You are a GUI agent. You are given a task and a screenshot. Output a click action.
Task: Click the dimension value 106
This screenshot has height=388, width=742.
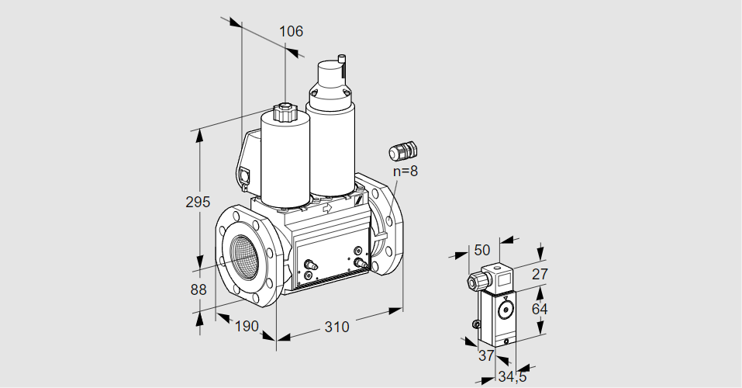pyautogui.click(x=291, y=32)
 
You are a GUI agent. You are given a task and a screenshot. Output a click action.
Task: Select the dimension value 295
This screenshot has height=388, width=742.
pyautogui.click(x=198, y=203)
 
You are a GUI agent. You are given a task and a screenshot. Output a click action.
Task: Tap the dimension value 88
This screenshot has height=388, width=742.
pyautogui.click(x=198, y=289)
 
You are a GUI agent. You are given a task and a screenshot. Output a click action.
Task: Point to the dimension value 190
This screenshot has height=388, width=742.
pyautogui.click(x=246, y=327)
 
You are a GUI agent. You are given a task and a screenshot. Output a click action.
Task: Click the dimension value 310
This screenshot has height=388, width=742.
pyautogui.click(x=336, y=327)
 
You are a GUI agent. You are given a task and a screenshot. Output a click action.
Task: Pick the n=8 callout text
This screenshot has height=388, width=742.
pyautogui.click(x=405, y=171)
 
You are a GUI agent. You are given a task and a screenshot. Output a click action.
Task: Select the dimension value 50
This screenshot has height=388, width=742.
pyautogui.click(x=482, y=250)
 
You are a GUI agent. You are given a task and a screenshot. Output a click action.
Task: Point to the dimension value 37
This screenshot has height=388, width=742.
pyautogui.click(x=486, y=355)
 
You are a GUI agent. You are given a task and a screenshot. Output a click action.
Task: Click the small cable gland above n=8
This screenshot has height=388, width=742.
pyautogui.click(x=403, y=149)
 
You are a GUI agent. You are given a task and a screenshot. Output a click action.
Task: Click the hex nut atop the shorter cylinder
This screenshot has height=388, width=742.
pyautogui.click(x=285, y=112)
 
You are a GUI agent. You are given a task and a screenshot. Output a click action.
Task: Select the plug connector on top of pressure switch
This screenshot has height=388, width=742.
pyautogui.click(x=493, y=279)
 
